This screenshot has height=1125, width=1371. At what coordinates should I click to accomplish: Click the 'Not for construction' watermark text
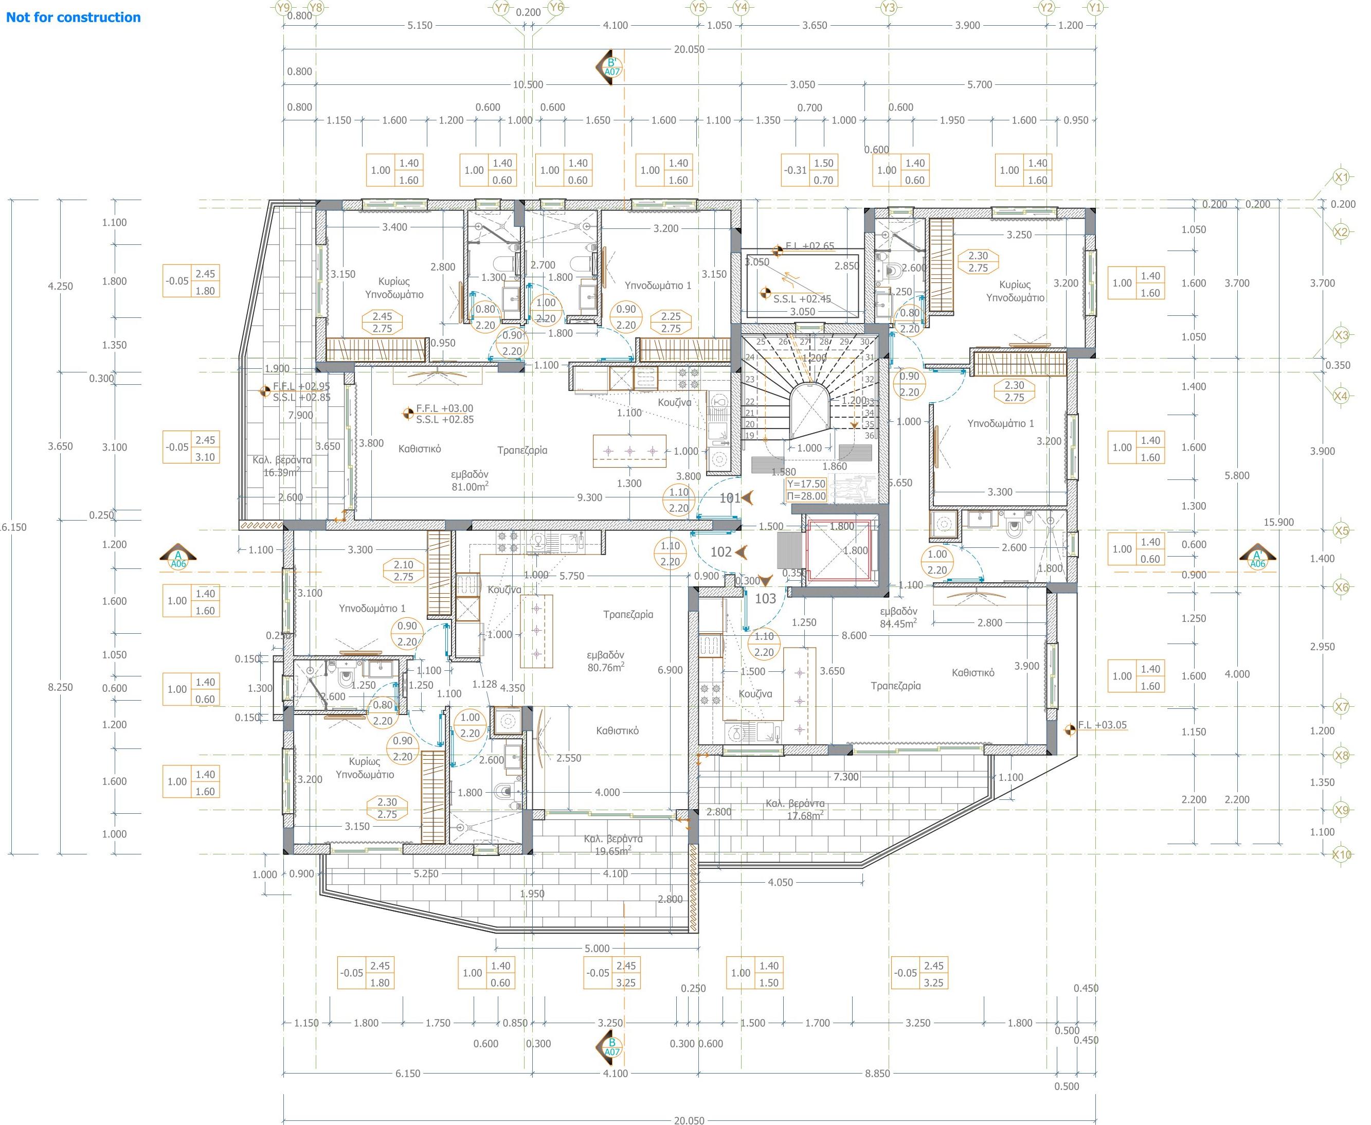click(x=73, y=17)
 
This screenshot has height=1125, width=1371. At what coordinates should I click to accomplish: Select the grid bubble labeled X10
click(x=1341, y=854)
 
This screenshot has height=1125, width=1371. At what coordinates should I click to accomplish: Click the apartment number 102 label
click(x=721, y=552)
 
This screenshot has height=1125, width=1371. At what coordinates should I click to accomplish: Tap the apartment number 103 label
click(x=765, y=598)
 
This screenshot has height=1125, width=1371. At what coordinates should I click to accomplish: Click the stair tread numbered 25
click(x=761, y=342)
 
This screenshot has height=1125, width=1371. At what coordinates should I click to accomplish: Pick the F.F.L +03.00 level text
click(x=444, y=408)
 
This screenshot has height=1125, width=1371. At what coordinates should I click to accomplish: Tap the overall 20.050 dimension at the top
click(x=689, y=49)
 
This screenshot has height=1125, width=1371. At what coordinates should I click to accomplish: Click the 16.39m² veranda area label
click(x=281, y=472)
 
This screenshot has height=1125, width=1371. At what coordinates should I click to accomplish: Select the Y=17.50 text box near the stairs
click(x=806, y=484)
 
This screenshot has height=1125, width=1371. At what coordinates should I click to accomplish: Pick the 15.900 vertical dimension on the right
click(x=1278, y=522)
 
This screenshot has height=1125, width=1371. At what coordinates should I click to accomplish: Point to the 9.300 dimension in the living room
click(x=590, y=498)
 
